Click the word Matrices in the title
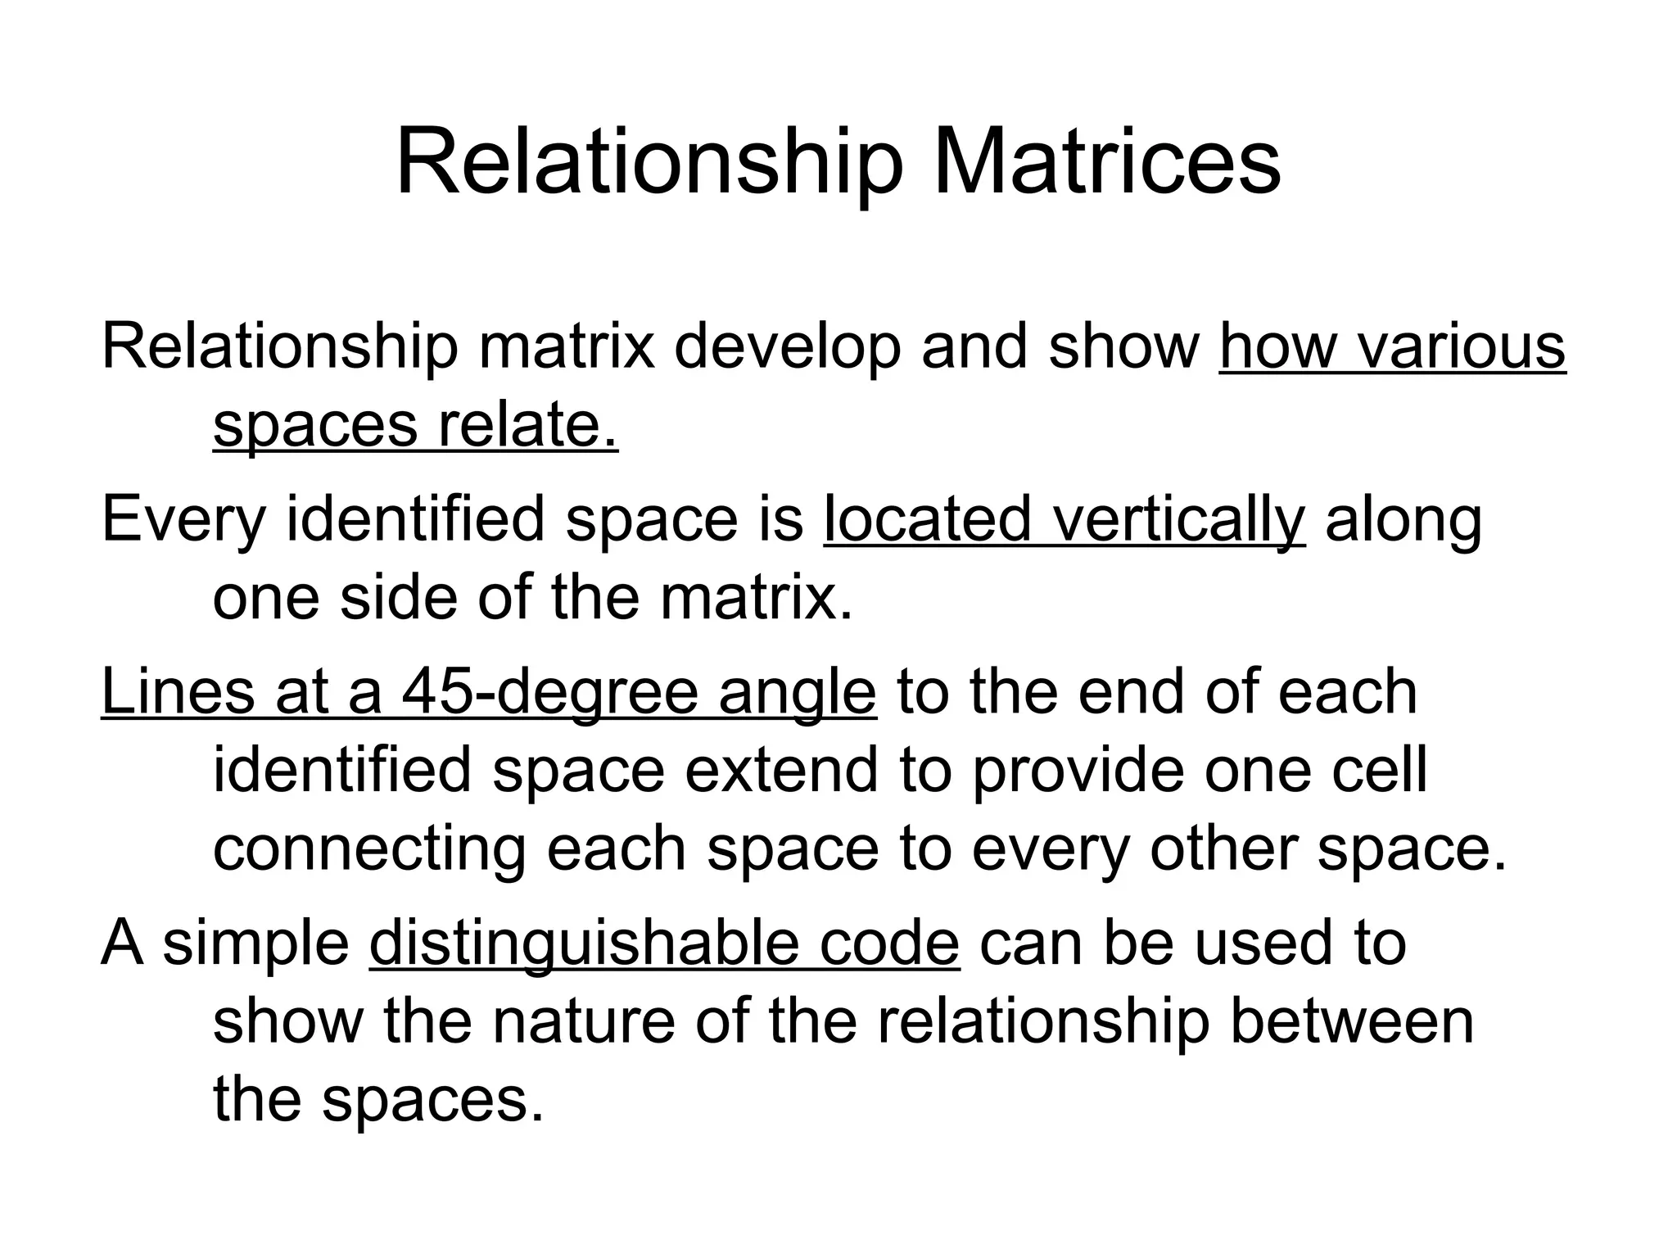coord(1106,165)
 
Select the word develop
coord(787,347)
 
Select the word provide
coord(1078,772)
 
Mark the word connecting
coord(369,849)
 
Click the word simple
coord(256,943)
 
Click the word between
coord(1352,1021)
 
